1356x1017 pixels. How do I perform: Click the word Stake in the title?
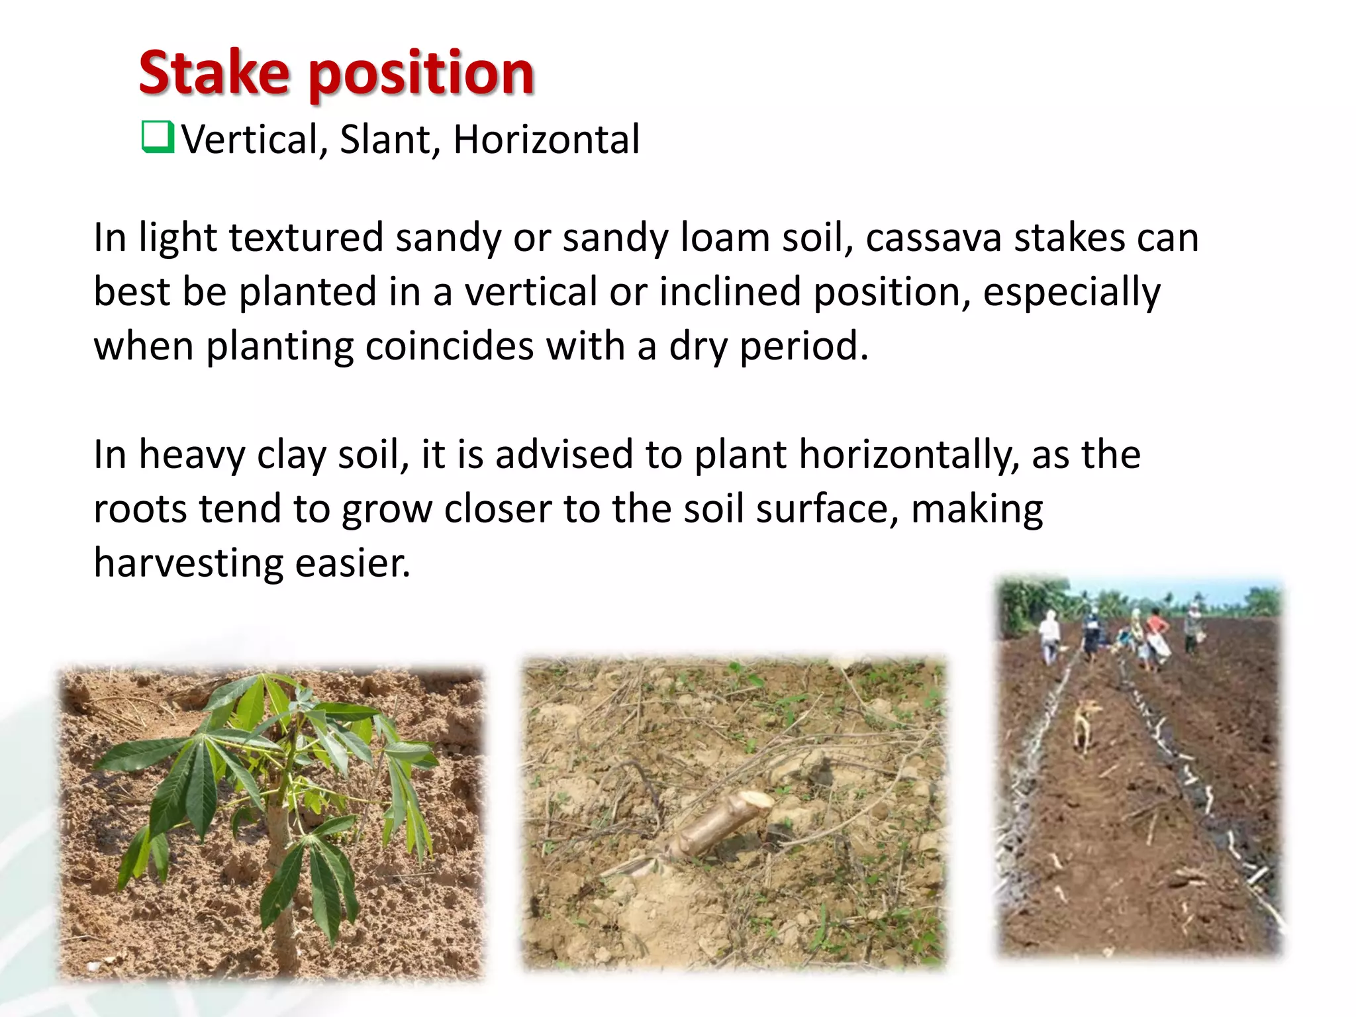click(x=214, y=73)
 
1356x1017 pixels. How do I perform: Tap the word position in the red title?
click(x=421, y=74)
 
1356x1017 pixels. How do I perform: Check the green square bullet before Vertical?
click(x=158, y=137)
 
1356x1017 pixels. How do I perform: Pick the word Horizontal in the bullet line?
click(x=546, y=140)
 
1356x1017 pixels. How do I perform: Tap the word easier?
click(x=352, y=564)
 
